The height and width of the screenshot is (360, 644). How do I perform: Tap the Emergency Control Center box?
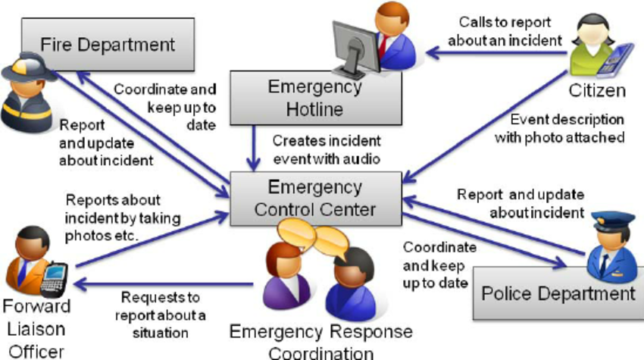315,199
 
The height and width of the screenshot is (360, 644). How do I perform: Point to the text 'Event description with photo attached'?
559,129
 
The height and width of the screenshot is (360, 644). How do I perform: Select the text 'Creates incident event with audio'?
327,149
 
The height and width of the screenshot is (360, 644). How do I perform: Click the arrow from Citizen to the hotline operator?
496,52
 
